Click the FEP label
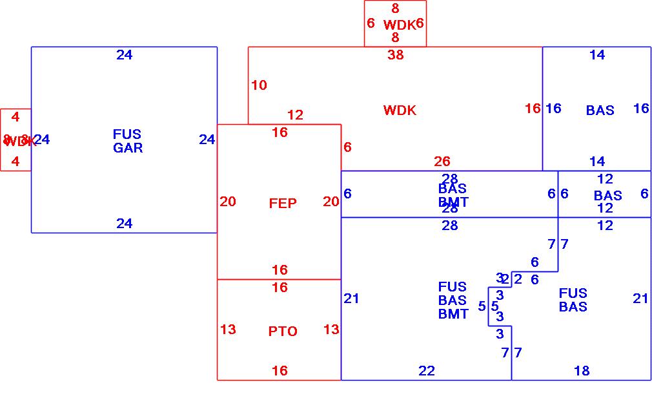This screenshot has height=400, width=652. tap(283, 204)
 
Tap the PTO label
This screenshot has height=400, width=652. tap(283, 332)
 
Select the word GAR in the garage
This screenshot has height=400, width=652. tap(128, 148)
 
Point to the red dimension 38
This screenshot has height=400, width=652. tap(396, 55)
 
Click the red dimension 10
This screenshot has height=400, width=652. tap(259, 85)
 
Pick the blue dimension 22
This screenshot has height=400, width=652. tap(427, 371)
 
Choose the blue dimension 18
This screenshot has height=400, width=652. tap(582, 371)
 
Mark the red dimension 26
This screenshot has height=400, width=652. tap(442, 162)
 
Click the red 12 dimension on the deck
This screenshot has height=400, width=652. tap(295, 115)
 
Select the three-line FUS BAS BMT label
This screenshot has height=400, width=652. tap(453, 300)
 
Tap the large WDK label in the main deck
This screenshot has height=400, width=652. tap(400, 111)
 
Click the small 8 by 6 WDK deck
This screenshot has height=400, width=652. tap(395, 24)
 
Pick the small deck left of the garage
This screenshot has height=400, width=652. tap(15, 140)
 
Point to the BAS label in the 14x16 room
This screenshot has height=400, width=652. tap(600, 111)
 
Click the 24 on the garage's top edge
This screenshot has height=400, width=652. tap(125, 55)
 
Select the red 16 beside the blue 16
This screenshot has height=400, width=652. tap(533, 109)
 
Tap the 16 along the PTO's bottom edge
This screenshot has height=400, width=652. tap(280, 371)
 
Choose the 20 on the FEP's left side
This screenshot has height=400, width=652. tap(228, 202)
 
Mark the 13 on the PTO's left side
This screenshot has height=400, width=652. tap(228, 330)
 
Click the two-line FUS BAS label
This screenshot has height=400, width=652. tap(573, 300)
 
